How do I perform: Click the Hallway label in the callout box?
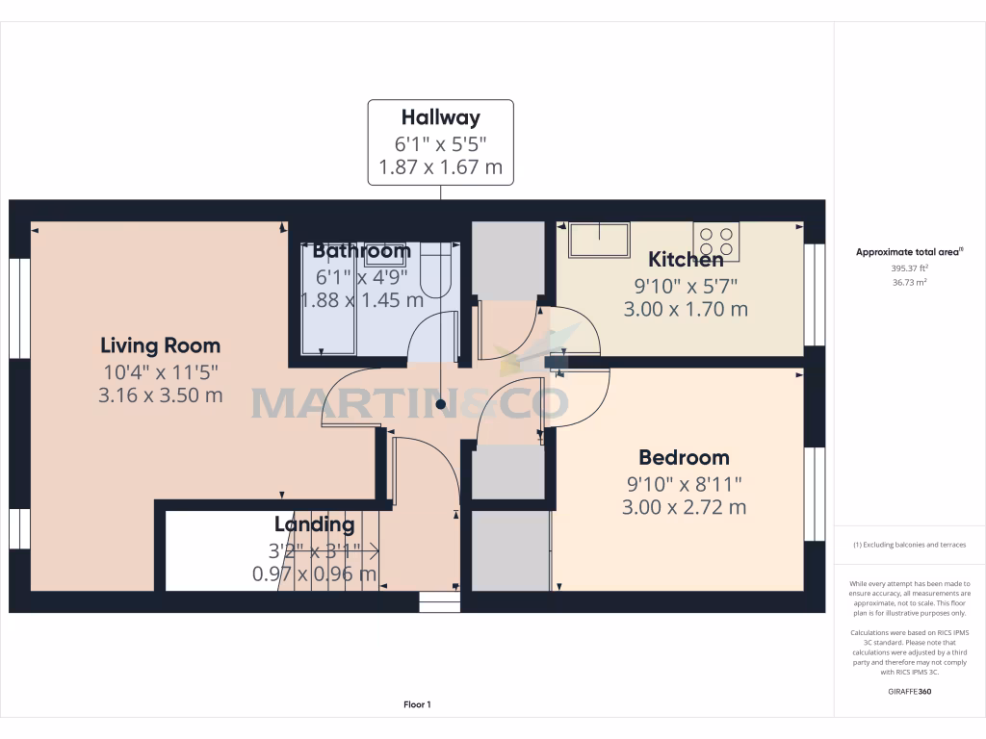(x=440, y=117)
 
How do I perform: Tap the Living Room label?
(x=160, y=345)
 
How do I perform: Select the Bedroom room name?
(x=684, y=457)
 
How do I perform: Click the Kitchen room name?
(x=685, y=259)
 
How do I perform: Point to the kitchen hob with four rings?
(x=716, y=242)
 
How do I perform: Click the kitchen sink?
(x=599, y=240)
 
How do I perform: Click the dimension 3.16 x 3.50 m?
(x=160, y=395)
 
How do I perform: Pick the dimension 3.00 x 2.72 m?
(x=684, y=507)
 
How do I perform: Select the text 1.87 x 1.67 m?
(x=440, y=167)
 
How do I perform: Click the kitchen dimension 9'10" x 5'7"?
(x=685, y=285)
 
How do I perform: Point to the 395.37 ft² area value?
(x=909, y=268)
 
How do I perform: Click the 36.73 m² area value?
(x=909, y=282)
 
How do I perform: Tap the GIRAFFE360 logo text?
(x=909, y=691)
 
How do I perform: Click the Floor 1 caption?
(x=417, y=704)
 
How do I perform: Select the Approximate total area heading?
(x=909, y=252)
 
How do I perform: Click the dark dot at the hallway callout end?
(x=441, y=405)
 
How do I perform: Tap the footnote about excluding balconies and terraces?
(x=909, y=545)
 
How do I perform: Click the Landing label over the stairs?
(x=314, y=524)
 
